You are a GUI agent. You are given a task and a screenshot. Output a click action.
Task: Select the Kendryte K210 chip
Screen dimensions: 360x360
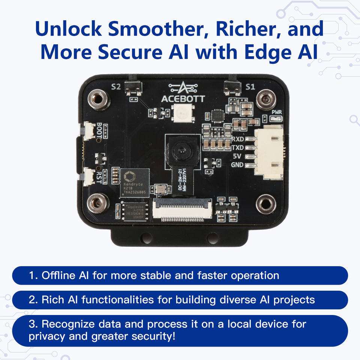[x=134, y=183]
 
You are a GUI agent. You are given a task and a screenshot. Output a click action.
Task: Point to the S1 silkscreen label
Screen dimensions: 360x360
[x=250, y=87]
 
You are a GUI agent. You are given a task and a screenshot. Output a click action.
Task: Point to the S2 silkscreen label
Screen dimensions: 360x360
[x=116, y=87]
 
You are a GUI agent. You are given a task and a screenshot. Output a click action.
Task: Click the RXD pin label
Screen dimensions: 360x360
[x=238, y=139]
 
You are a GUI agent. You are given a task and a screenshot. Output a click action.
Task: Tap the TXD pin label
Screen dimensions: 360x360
[x=238, y=148]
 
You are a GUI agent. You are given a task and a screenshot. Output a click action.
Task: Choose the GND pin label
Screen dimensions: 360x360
[x=238, y=165]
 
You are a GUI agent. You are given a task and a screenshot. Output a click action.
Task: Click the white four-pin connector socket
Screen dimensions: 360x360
[x=270, y=152]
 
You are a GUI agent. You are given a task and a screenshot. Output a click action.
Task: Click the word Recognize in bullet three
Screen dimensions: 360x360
[x=70, y=324]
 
